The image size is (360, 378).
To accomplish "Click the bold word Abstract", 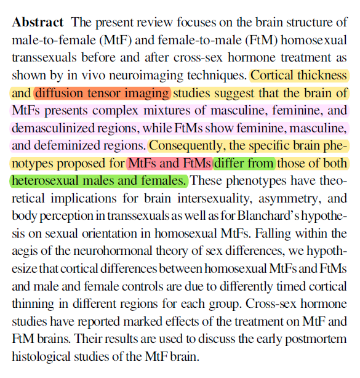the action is tap(38, 22).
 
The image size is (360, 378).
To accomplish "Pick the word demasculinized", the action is tap(53, 128).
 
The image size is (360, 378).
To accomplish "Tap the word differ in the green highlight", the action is tap(229, 163).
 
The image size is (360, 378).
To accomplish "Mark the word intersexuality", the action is tap(215, 199).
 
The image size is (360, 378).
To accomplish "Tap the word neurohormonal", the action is tap(113, 251).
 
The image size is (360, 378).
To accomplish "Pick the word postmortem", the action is tap(316, 339).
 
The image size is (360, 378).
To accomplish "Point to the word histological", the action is tap(41, 357).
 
